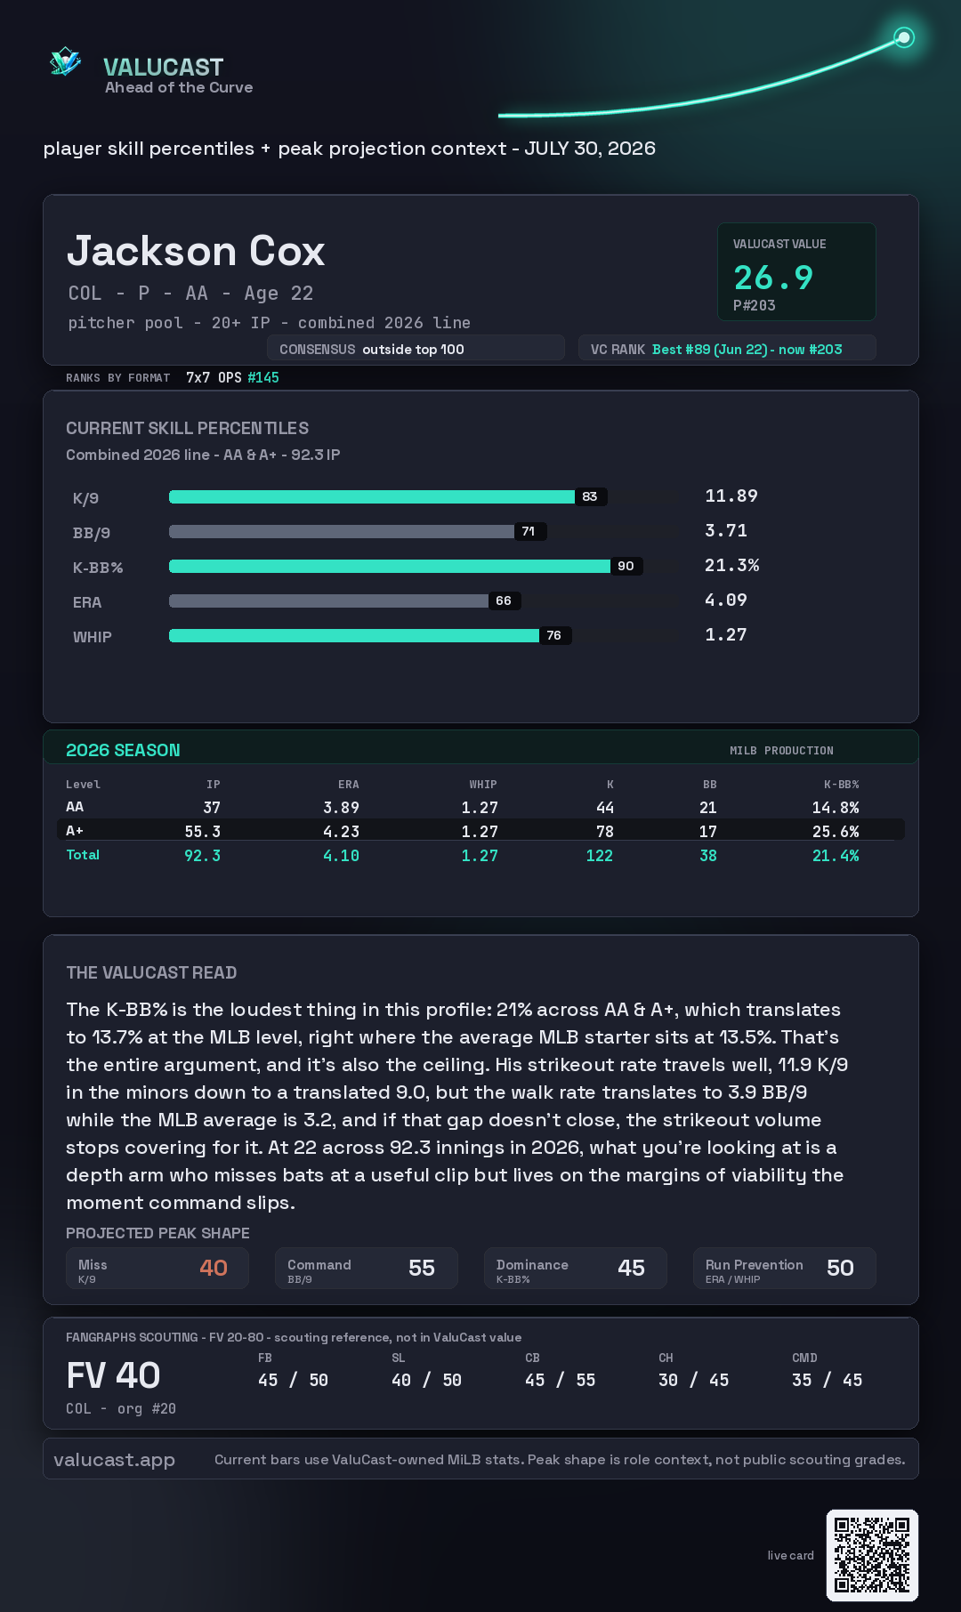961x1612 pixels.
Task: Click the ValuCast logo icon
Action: point(65,61)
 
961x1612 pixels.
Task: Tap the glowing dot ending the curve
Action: point(904,37)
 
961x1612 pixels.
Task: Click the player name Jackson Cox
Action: point(196,251)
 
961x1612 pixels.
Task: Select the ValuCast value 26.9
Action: point(773,278)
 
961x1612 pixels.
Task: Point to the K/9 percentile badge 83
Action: point(590,496)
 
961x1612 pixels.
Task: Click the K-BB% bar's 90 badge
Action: point(626,566)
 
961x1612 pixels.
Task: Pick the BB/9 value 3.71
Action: point(726,531)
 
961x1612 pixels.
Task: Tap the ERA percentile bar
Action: point(328,600)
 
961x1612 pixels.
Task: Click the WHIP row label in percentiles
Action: point(93,637)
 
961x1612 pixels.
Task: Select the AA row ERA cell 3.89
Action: point(341,808)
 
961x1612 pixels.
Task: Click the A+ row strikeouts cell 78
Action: point(605,832)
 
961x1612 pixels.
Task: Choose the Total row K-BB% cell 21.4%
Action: point(836,856)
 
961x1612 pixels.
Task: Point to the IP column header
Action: point(214,785)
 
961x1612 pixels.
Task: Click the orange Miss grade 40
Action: point(214,1268)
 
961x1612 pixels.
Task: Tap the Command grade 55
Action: point(422,1268)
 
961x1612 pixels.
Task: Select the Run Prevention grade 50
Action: point(840,1268)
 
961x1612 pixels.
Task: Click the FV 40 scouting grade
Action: point(113,1375)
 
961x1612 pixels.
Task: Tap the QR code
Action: point(872,1555)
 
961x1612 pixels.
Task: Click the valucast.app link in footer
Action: point(114,1460)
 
